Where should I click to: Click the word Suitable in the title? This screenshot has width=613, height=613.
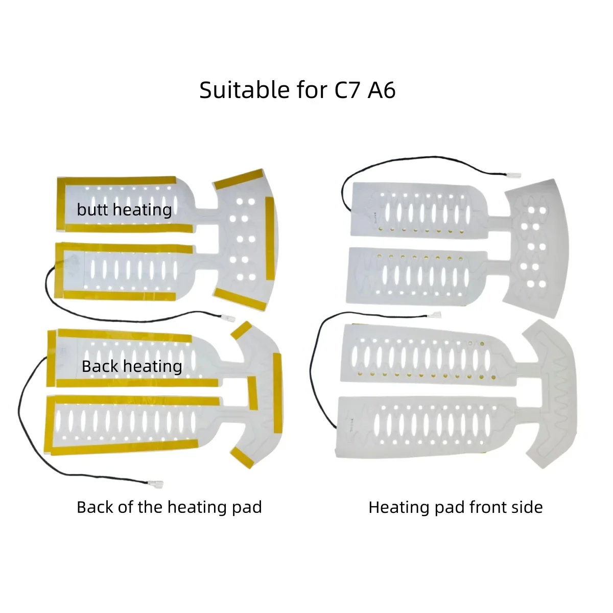pyautogui.click(x=245, y=90)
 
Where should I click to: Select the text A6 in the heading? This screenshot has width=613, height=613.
pyautogui.click(x=382, y=90)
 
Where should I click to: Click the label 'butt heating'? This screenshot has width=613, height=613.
pyautogui.click(x=124, y=210)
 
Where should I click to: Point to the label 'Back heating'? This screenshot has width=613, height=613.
pyautogui.click(x=132, y=366)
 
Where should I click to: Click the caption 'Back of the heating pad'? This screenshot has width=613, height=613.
pyautogui.click(x=169, y=507)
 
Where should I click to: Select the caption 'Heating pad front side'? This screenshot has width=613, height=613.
pyautogui.click(x=456, y=507)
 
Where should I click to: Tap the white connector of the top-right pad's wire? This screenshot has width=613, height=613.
pyautogui.click(x=514, y=175)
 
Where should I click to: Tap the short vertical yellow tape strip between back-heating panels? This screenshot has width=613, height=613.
pyautogui.click(x=252, y=393)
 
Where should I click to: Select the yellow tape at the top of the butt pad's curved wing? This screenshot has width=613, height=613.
pyautogui.click(x=239, y=179)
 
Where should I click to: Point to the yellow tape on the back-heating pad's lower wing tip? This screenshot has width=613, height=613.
pyautogui.click(x=243, y=457)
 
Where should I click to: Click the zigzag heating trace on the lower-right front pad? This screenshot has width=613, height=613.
pyautogui.click(x=560, y=397)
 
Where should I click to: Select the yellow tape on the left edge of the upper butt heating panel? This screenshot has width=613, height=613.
pyautogui.click(x=61, y=204)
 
